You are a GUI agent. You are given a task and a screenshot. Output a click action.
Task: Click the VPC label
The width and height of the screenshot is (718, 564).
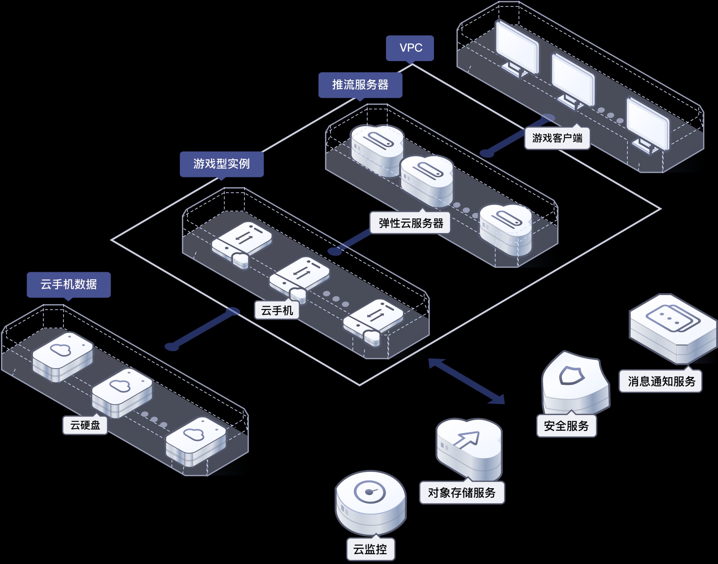410,48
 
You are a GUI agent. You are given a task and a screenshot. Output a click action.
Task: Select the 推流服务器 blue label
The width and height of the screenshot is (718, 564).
360,85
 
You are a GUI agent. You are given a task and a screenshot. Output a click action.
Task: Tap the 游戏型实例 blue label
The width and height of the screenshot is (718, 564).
222,164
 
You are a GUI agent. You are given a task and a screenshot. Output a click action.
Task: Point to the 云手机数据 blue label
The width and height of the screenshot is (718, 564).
69,285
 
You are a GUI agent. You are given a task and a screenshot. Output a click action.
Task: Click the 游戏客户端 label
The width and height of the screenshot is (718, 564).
557,138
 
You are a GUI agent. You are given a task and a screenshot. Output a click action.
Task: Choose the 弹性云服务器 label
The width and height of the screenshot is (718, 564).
410,223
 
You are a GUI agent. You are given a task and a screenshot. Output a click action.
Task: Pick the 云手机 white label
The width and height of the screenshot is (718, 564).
277,310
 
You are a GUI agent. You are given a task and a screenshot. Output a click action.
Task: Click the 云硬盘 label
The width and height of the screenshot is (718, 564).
85,425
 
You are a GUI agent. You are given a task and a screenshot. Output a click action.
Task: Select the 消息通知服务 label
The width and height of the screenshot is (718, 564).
660,381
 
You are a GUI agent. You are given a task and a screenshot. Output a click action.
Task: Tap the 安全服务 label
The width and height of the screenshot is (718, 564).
566,426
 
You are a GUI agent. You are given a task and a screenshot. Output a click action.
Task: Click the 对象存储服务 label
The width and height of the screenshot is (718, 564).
462,492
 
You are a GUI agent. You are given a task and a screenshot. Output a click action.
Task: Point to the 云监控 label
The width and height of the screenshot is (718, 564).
370,549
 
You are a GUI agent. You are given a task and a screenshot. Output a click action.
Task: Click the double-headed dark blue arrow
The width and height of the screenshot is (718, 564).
466,381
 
